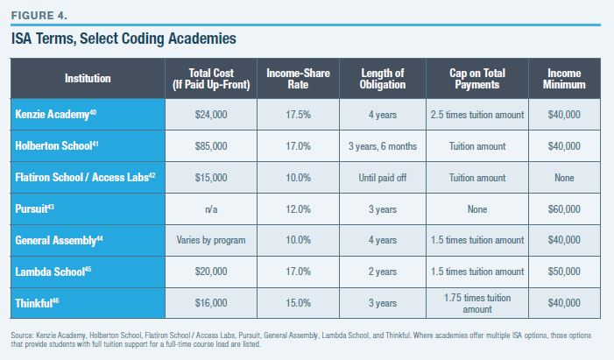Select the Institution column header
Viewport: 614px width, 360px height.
pyautogui.click(x=88, y=79)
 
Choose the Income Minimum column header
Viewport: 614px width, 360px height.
pyautogui.click(x=564, y=79)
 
